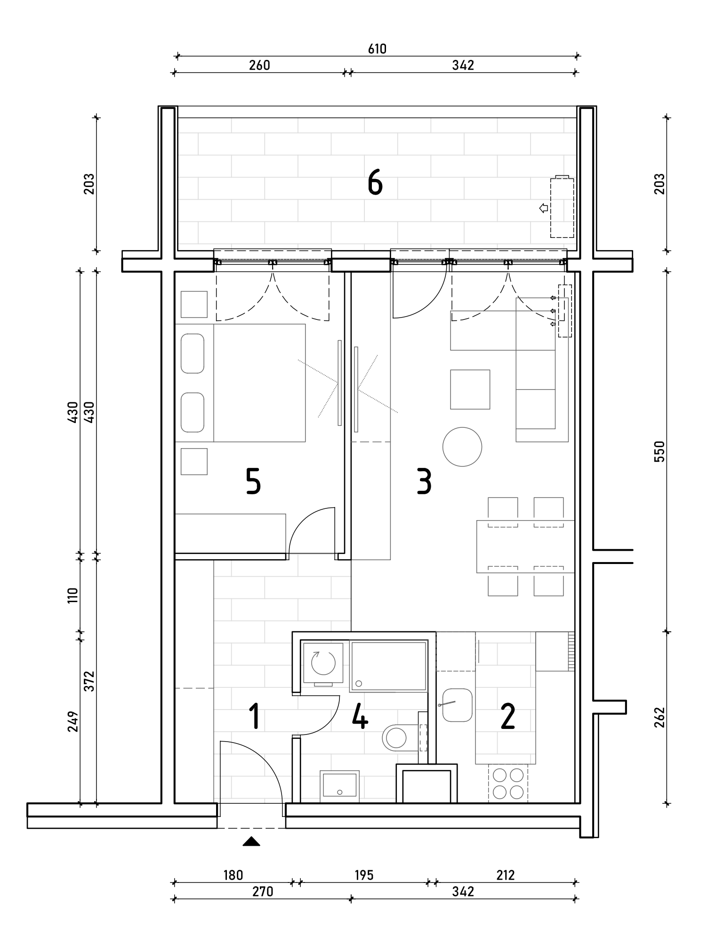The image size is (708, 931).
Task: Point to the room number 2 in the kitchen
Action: tap(507, 717)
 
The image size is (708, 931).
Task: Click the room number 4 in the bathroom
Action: tap(361, 717)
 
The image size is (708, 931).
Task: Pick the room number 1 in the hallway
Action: tap(255, 717)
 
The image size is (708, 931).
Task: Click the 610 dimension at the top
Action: tap(377, 49)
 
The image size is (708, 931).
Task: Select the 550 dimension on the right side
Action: tap(660, 451)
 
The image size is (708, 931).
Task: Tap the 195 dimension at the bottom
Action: tap(364, 875)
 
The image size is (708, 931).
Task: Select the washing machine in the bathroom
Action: tap(322, 662)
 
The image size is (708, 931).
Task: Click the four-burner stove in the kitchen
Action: tap(508, 783)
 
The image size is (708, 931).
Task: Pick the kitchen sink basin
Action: tap(457, 705)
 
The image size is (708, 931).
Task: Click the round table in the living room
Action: tap(462, 447)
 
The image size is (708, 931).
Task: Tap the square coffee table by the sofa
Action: tap(470, 389)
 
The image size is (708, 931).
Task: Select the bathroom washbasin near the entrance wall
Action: tap(339, 786)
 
